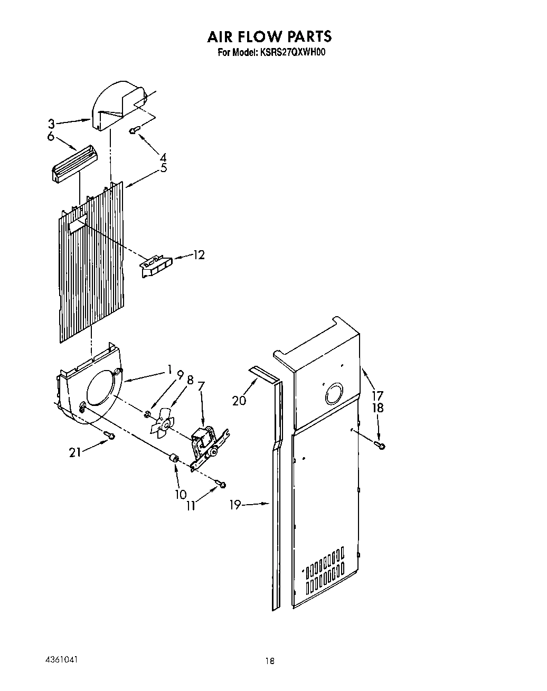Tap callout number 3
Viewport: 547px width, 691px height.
tap(51, 124)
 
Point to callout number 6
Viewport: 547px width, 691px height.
tap(51, 136)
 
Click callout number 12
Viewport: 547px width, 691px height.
tap(199, 255)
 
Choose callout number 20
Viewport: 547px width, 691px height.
tap(239, 401)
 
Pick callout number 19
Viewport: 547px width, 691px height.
tap(235, 505)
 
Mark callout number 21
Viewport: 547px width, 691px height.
tap(76, 452)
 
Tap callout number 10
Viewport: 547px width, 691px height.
tap(181, 494)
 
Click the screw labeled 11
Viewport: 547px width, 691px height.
tap(223, 484)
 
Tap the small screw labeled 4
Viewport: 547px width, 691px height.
tap(134, 129)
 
